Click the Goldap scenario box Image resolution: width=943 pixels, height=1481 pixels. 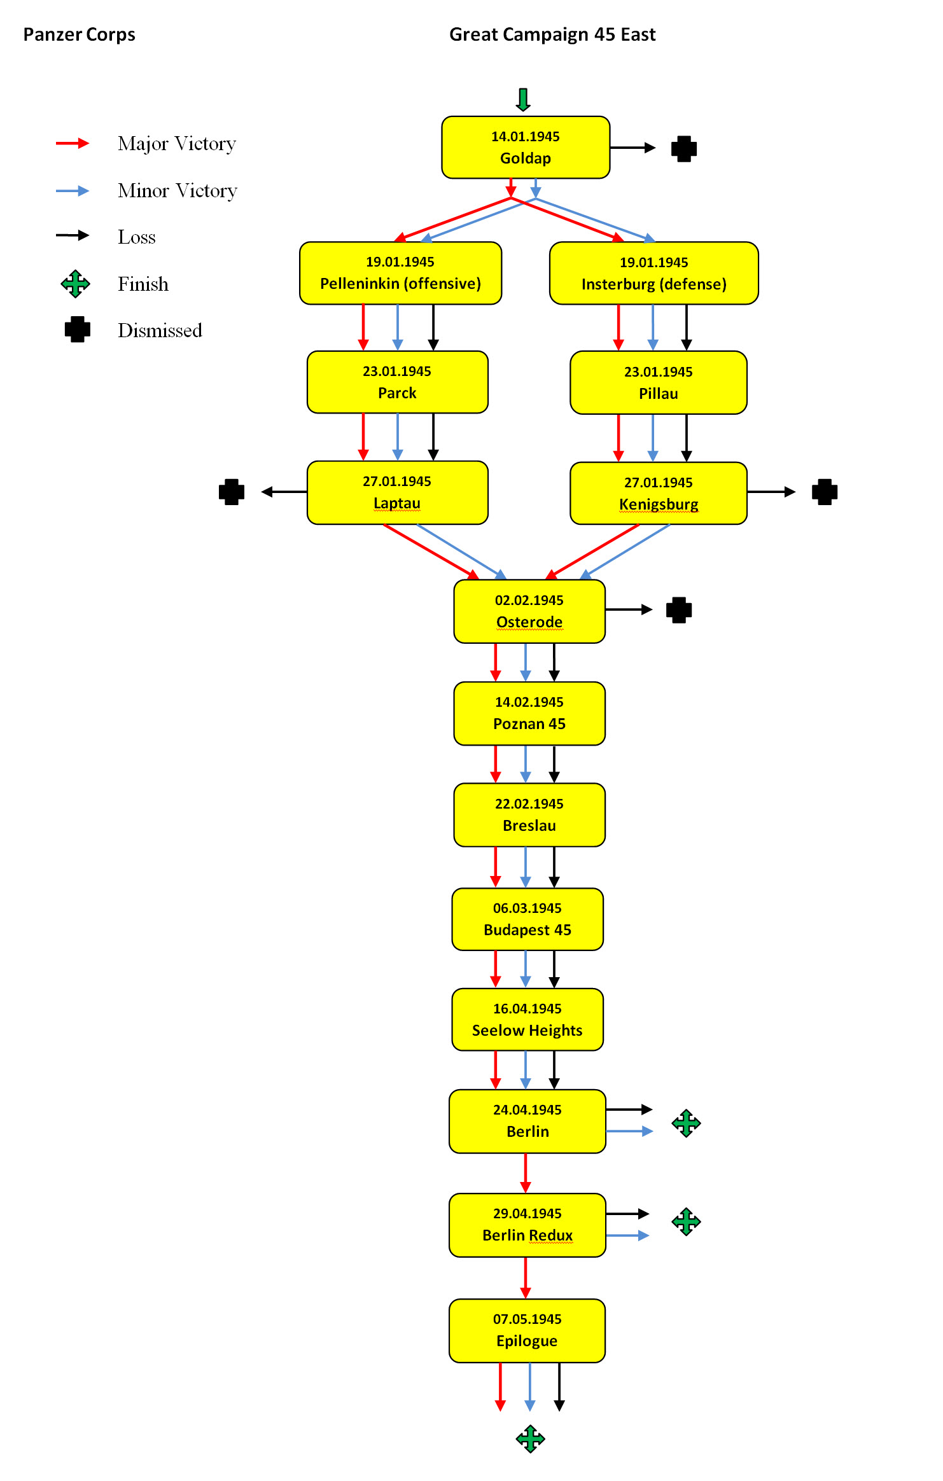pyautogui.click(x=526, y=147)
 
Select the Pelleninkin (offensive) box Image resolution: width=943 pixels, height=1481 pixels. pyautogui.click(x=400, y=273)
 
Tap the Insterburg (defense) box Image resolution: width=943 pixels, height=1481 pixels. pyautogui.click(x=653, y=273)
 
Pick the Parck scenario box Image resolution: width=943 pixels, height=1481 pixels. pyautogui.click(x=397, y=382)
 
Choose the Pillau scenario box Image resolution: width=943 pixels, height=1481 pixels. pyautogui.click(x=658, y=382)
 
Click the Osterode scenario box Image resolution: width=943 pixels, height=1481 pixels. pyautogui.click(x=529, y=611)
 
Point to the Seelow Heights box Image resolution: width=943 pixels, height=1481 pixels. pyautogui.click(x=527, y=1019)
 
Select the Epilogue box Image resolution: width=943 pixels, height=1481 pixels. pyautogui.click(x=527, y=1330)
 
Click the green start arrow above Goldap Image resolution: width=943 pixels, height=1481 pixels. pyautogui.click(x=523, y=100)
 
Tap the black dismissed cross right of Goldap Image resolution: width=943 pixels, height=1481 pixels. pyautogui.click(x=684, y=149)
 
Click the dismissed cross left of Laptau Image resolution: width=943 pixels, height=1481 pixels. pyautogui.click(x=232, y=492)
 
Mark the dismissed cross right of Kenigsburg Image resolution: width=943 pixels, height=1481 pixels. pyautogui.click(x=825, y=492)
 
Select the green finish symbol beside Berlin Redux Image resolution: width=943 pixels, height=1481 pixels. pyautogui.click(x=686, y=1221)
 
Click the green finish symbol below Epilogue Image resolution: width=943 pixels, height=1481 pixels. pyautogui.click(x=530, y=1439)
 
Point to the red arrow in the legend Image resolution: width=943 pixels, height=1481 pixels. pyautogui.click(x=73, y=143)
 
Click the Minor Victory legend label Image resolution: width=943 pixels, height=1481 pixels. pyautogui.click(x=177, y=191)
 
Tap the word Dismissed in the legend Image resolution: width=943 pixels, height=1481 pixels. pyautogui.click(x=160, y=331)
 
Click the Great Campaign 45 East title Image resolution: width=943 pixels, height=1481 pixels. pyautogui.click(x=552, y=34)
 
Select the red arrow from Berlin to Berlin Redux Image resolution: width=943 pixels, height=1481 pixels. pyautogui.click(x=525, y=1172)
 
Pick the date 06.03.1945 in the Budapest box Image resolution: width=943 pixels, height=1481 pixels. pyautogui.click(x=527, y=908)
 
